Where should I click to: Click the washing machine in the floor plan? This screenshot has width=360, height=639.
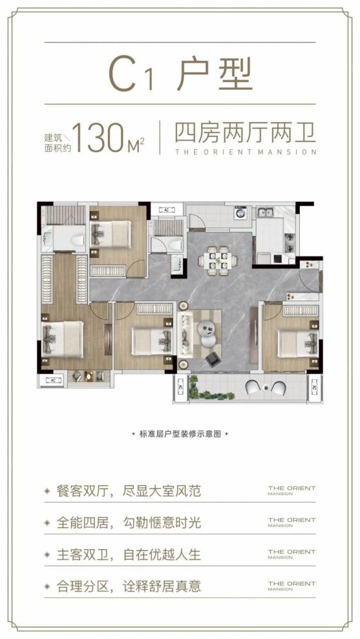[x=241, y=213]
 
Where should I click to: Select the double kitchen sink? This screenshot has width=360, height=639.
[x=266, y=212]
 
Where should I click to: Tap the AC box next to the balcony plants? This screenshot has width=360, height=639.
[x=180, y=388]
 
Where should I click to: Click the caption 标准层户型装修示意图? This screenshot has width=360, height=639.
[x=180, y=434]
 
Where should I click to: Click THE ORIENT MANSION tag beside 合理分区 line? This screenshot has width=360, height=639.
[x=291, y=586]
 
